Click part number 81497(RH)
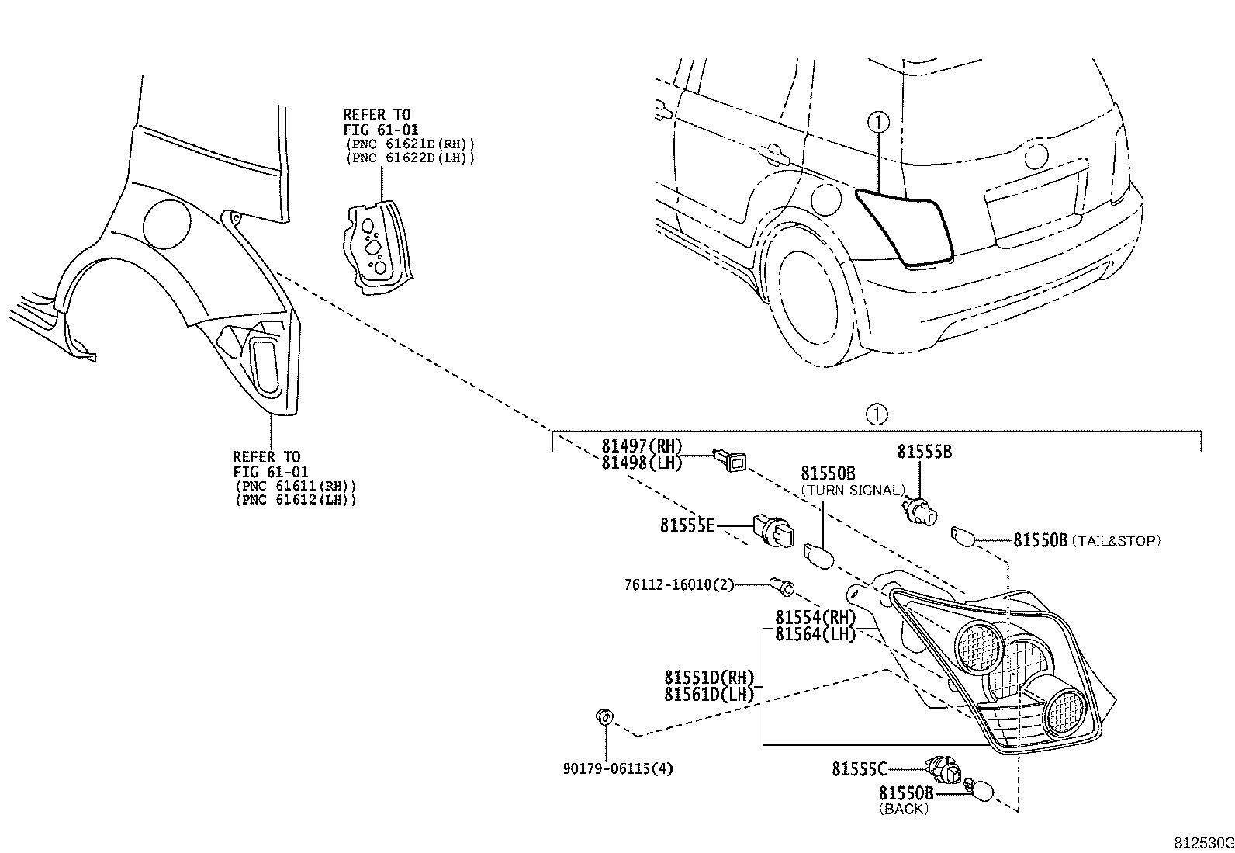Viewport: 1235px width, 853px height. coord(641,446)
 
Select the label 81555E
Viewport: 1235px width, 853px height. coord(687,525)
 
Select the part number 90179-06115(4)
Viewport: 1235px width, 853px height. coord(617,768)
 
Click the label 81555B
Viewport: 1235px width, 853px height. coord(924,452)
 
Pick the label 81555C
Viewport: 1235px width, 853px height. coord(858,769)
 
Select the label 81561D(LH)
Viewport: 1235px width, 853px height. coord(708,695)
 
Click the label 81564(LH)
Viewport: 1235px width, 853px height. coord(815,634)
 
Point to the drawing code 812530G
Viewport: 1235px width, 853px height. coord(1202,843)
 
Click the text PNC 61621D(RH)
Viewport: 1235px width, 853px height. coord(409,144)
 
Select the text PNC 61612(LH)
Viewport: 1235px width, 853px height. coord(295,500)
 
